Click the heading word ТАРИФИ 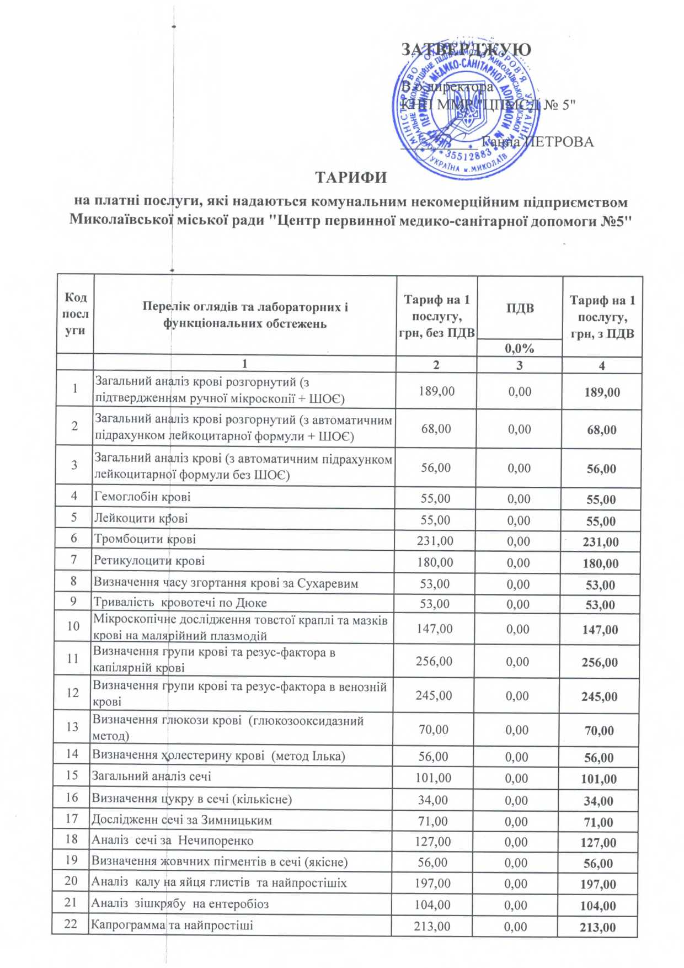[350, 178]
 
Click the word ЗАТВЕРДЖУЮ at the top [466, 50]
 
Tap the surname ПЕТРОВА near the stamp [559, 142]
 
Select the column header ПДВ [520, 308]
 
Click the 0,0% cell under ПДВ [520, 348]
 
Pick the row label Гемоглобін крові [142, 497]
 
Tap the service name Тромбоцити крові [145, 539]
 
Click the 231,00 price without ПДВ [435, 541]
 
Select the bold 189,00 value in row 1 [602, 392]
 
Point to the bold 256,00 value [600, 662]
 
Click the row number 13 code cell [72, 726]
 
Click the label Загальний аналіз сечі [151, 776]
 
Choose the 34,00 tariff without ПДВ [433, 800]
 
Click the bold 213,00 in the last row [598, 927]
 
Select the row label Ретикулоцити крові [149, 561]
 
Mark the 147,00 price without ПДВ [434, 629]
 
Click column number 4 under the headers [602, 365]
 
